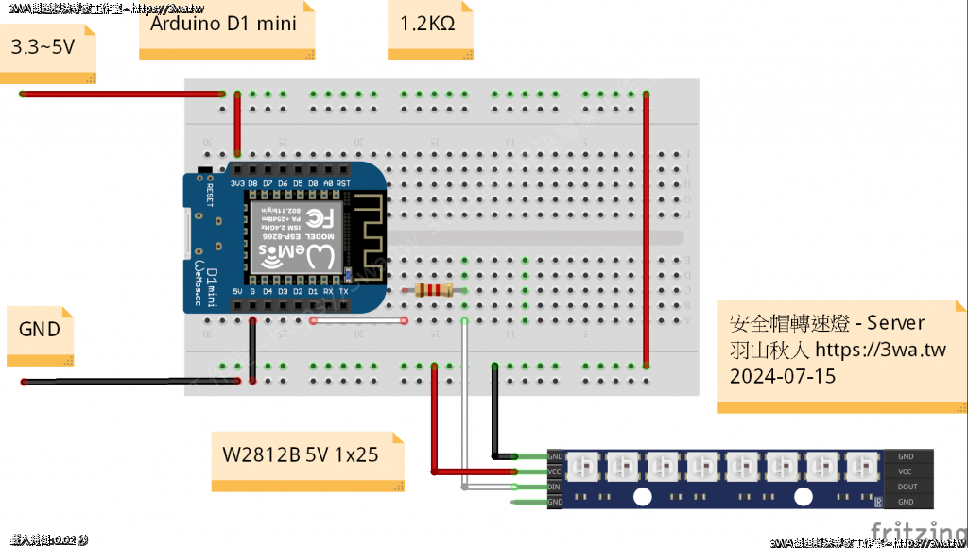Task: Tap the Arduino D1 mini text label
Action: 223,23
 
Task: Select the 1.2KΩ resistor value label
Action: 422,23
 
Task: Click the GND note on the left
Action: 40,329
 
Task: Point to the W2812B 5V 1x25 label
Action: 301,454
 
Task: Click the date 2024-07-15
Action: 783,376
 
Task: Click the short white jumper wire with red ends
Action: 358,320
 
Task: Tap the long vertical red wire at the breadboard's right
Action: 646,227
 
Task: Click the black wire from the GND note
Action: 132,382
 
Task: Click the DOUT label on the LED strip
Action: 905,487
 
